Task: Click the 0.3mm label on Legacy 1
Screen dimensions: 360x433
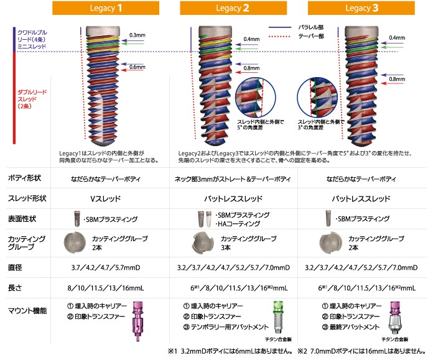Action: click(x=136, y=35)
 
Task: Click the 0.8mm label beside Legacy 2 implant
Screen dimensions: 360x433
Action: click(x=252, y=68)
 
